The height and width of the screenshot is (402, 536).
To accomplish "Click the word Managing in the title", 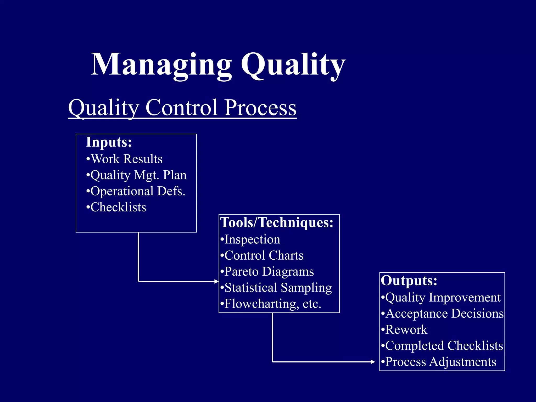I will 161,65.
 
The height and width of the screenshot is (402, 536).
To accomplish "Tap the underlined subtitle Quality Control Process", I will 182,108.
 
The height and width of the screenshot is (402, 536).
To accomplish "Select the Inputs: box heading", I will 109,142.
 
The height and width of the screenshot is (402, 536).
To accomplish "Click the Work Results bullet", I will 124,159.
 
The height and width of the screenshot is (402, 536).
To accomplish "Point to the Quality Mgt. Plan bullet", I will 136,175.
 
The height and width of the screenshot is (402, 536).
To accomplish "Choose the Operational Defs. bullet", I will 136,191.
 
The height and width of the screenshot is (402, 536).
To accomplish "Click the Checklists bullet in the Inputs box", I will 116,207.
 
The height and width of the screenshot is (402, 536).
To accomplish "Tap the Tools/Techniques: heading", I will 277,222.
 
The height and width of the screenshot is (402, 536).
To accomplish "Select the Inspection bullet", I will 250,239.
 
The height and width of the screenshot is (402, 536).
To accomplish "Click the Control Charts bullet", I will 262,255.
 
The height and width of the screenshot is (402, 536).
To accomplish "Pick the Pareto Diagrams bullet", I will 267,271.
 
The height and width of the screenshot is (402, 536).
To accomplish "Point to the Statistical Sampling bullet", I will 276,288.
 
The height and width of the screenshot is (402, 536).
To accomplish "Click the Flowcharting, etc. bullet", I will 271,304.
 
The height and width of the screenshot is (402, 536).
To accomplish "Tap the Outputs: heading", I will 409,281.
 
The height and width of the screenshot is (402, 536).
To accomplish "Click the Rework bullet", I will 404,330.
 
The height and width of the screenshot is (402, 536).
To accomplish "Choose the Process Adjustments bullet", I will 439,362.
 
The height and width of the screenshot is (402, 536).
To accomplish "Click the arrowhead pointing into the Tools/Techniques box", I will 216,281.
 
